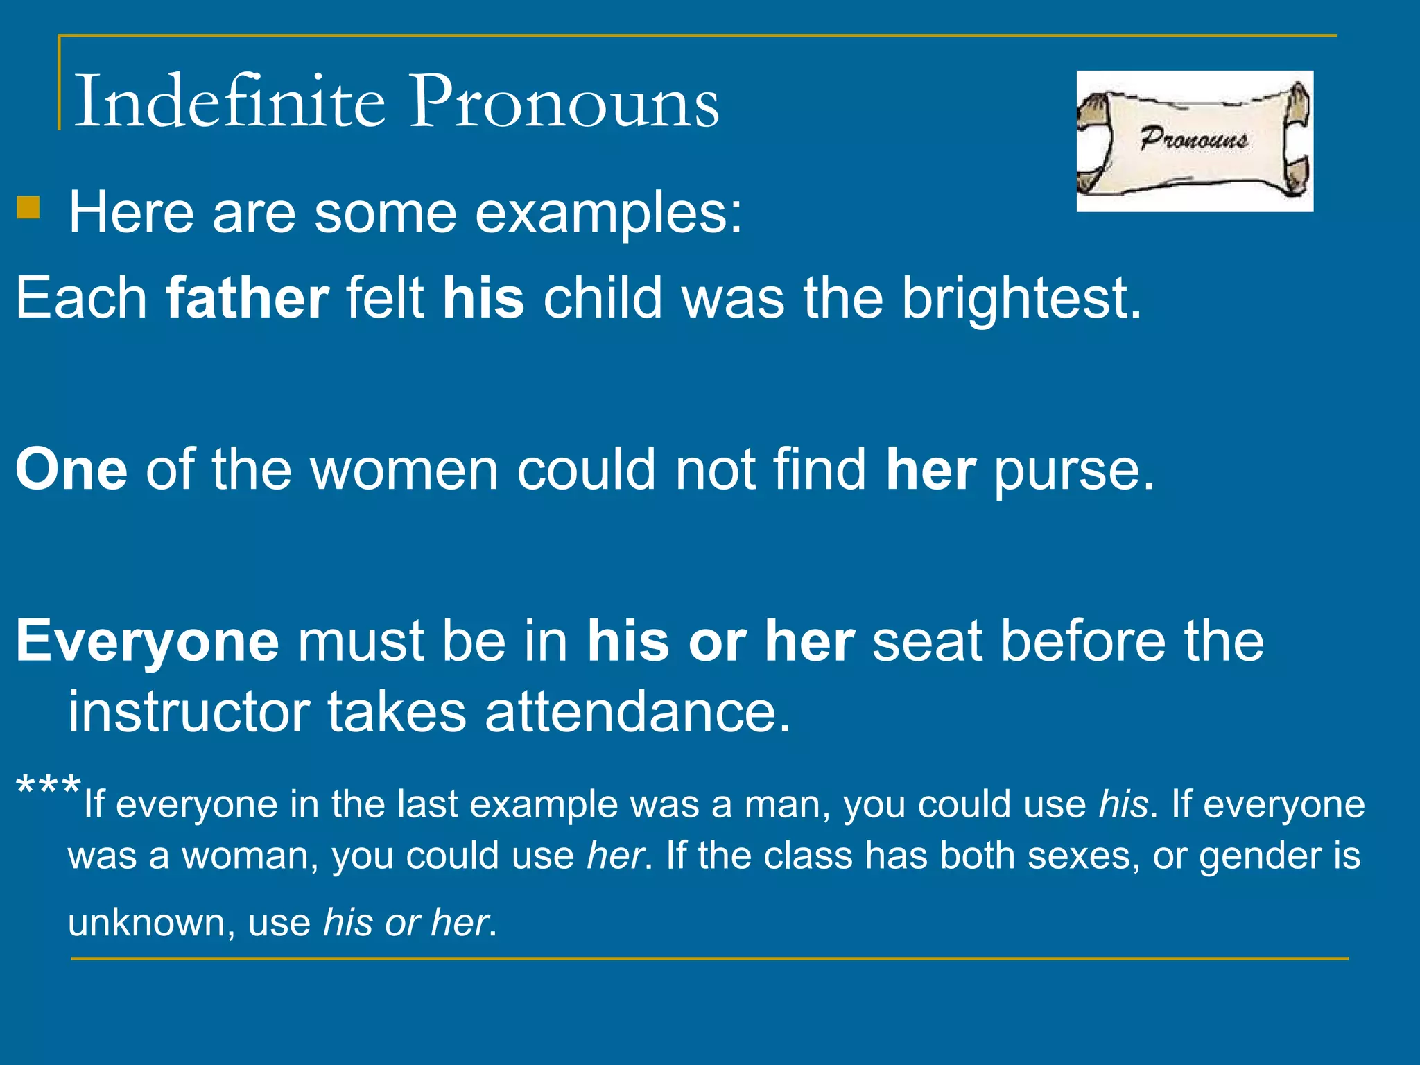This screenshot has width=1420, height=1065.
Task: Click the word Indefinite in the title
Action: (229, 102)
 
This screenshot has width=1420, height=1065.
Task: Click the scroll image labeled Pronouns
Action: (1194, 141)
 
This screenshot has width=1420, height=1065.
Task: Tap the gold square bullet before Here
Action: (28, 207)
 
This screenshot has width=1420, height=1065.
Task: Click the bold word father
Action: (248, 298)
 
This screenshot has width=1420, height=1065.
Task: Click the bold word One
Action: (71, 469)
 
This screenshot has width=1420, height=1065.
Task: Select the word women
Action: (404, 469)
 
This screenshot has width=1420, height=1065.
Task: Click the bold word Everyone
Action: (147, 641)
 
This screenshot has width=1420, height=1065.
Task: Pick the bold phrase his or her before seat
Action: (720, 641)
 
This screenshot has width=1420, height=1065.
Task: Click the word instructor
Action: (189, 712)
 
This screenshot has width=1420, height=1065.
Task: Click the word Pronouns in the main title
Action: (564, 103)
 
